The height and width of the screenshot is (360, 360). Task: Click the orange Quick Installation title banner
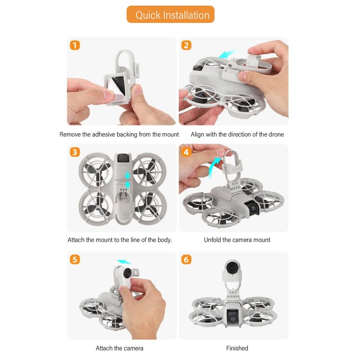click(x=170, y=15)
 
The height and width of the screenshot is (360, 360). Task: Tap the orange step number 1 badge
click(x=75, y=45)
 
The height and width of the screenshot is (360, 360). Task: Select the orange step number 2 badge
click(x=186, y=45)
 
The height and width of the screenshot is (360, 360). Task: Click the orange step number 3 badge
click(x=75, y=152)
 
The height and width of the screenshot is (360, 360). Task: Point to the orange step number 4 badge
click(x=186, y=152)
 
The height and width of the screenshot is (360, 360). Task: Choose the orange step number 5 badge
click(x=75, y=259)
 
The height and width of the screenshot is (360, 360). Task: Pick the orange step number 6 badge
click(x=186, y=259)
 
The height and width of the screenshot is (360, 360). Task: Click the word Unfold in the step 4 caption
click(x=212, y=240)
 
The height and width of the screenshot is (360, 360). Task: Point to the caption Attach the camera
click(x=119, y=348)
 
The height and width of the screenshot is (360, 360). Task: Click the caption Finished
click(x=237, y=348)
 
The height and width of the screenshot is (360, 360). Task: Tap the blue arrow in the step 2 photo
click(x=228, y=54)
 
